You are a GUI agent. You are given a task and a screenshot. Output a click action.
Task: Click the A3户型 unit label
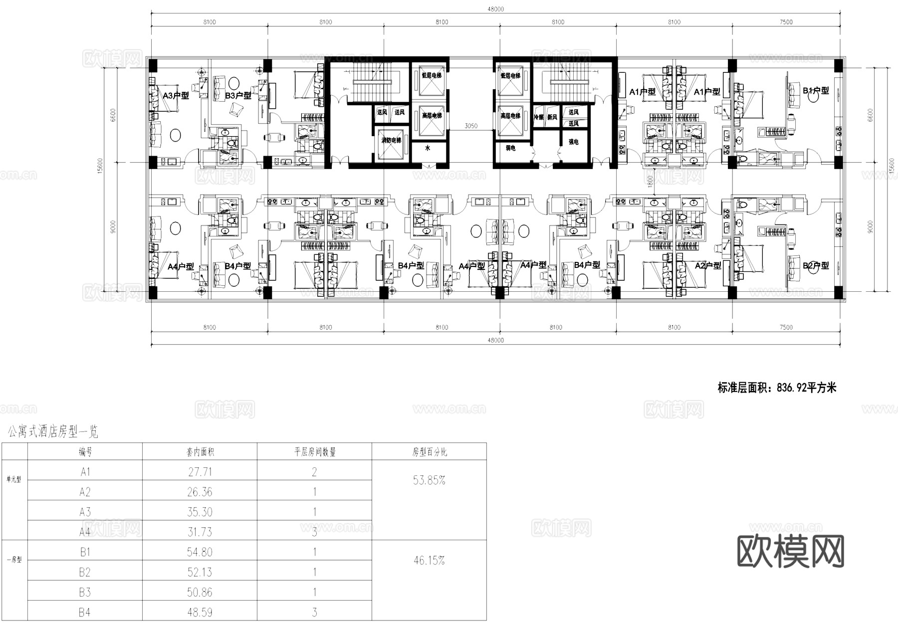point(176,95)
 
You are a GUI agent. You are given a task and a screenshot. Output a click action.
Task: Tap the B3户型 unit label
point(238,95)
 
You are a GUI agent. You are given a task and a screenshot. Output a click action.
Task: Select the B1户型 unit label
point(816,91)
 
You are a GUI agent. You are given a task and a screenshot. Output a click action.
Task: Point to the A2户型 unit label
point(708,265)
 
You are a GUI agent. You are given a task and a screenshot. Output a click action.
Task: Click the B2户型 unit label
point(816,265)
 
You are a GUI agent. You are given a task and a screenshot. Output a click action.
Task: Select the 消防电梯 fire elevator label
point(391,141)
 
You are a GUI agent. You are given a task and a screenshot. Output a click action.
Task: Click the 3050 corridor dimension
point(471,126)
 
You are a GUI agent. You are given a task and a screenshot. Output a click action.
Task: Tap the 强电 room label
point(573,142)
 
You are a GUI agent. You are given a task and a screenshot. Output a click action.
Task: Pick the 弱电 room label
point(510,148)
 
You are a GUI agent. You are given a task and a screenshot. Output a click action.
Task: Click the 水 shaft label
point(428,148)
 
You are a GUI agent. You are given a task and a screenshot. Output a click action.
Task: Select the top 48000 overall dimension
point(495,9)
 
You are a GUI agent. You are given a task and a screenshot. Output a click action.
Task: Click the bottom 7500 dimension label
point(785,327)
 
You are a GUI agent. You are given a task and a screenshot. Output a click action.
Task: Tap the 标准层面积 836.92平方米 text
point(777,388)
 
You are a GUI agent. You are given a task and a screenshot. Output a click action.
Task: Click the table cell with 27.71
point(200,472)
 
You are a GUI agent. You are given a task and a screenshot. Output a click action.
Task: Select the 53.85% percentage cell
point(429,480)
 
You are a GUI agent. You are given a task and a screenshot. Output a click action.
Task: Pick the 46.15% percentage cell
point(429,561)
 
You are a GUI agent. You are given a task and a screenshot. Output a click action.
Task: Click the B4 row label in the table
point(85,612)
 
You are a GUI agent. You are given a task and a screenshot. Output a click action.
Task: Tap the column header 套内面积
point(200,452)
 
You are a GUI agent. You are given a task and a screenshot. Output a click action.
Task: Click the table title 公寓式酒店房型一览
point(53,431)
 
